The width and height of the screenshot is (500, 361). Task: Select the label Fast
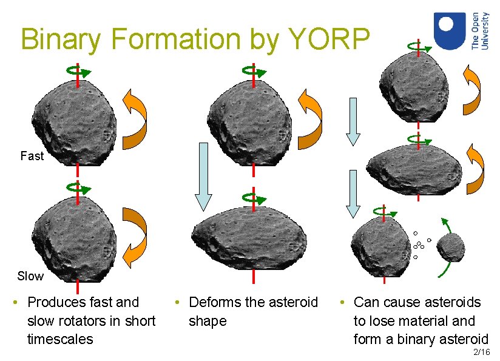(x=32, y=156)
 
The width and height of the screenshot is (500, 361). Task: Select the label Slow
(x=30, y=276)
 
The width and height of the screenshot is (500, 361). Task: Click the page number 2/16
(x=481, y=352)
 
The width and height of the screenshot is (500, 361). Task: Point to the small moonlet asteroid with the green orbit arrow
(x=451, y=248)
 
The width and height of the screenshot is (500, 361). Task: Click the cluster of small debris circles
(x=418, y=245)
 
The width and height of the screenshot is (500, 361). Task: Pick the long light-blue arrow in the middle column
(x=203, y=176)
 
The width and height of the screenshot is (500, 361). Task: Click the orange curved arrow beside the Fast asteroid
(x=135, y=119)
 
